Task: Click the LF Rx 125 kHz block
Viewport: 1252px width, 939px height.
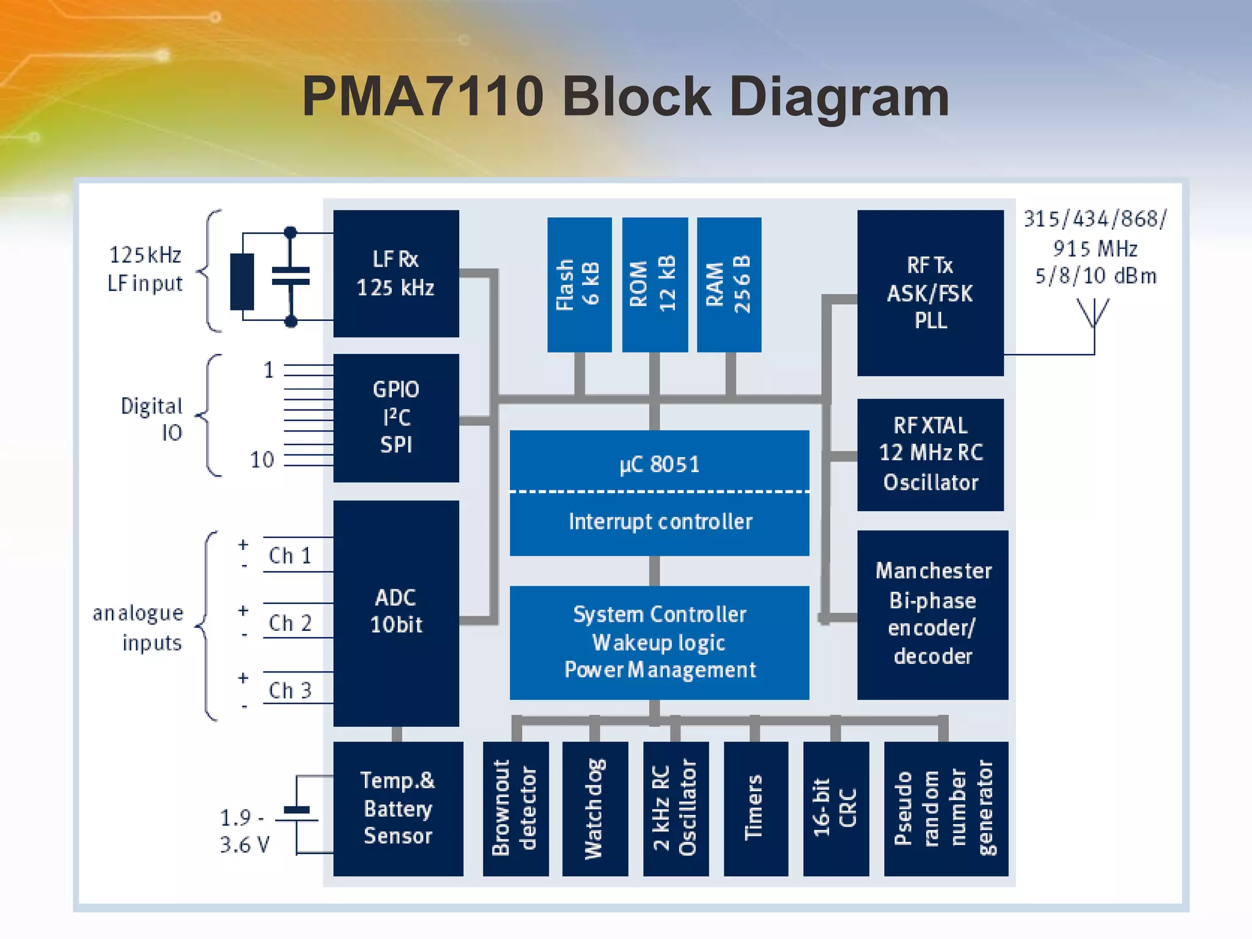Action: pyautogui.click(x=396, y=273)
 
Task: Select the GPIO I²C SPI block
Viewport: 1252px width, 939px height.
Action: pyautogui.click(x=396, y=418)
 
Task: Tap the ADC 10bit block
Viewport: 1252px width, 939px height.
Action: pyautogui.click(x=396, y=612)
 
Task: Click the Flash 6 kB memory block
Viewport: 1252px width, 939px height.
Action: pyautogui.click(x=579, y=284)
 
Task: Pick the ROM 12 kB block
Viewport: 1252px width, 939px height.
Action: pyautogui.click(x=654, y=284)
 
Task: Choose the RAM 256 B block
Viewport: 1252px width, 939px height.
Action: pyautogui.click(x=729, y=284)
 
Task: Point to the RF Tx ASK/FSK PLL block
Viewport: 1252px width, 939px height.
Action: pyautogui.click(x=930, y=293)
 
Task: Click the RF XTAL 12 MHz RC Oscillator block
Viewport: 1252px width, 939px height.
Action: pyautogui.click(x=930, y=454)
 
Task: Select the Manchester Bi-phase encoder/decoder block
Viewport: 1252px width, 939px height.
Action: pyautogui.click(x=932, y=614)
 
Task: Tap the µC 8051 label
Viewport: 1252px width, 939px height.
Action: pyautogui.click(x=659, y=464)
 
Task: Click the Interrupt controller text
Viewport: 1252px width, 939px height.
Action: pyautogui.click(x=660, y=521)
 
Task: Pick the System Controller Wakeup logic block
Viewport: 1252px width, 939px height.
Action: pyautogui.click(x=659, y=642)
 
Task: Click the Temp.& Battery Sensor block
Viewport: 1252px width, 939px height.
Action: pyautogui.click(x=397, y=808)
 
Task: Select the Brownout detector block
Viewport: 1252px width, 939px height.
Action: pyautogui.click(x=515, y=808)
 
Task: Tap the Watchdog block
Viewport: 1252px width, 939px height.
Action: pyautogui.click(x=594, y=808)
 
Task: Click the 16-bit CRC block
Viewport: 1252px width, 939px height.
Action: pyautogui.click(x=835, y=808)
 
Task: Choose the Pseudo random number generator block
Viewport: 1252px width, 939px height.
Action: pyautogui.click(x=945, y=808)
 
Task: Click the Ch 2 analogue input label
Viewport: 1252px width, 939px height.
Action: pyautogui.click(x=290, y=623)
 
